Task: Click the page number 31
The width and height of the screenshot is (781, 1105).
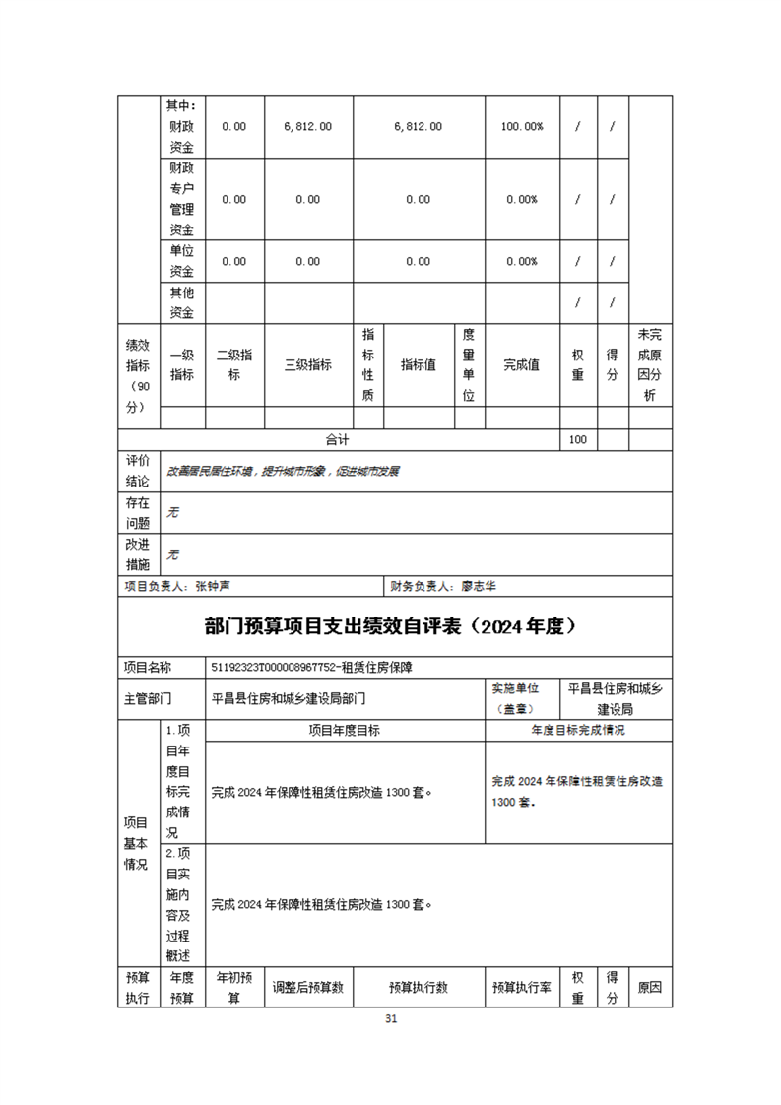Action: click(x=391, y=1018)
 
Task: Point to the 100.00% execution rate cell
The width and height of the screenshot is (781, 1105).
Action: click(x=522, y=127)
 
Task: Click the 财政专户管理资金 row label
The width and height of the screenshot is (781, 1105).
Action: click(x=181, y=199)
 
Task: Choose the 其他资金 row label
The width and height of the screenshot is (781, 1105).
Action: click(x=181, y=302)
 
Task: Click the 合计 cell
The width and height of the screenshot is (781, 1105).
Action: click(x=338, y=439)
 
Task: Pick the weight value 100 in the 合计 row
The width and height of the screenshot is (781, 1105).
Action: click(x=578, y=439)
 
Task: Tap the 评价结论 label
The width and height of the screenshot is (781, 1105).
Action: click(x=137, y=471)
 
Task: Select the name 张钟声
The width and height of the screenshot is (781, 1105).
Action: click(x=213, y=586)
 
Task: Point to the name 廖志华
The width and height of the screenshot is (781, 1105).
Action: click(x=479, y=586)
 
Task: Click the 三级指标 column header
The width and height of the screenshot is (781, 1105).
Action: click(x=307, y=364)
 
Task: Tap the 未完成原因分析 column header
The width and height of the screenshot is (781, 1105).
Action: click(x=650, y=364)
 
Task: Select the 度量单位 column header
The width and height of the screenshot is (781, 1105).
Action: click(x=469, y=364)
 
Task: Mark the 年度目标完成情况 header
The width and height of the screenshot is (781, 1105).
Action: click(x=578, y=731)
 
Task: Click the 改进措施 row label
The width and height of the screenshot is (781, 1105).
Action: click(x=137, y=553)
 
